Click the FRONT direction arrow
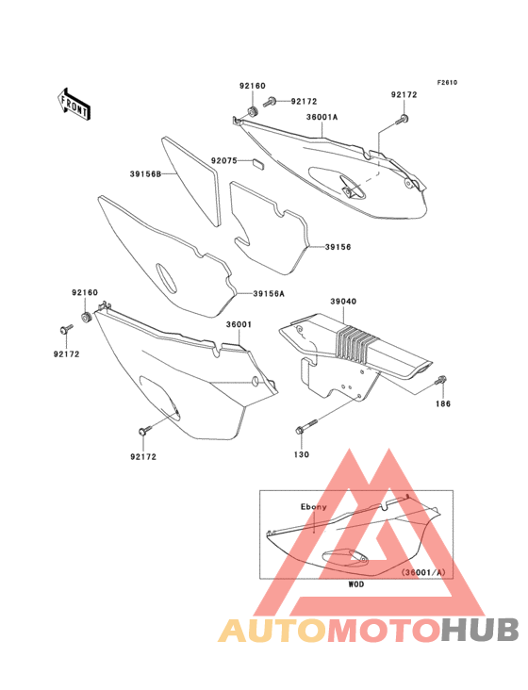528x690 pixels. tap(74, 104)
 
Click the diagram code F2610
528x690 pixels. tap(447, 82)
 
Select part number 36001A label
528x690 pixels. tap(322, 117)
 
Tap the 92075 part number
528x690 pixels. tap(224, 160)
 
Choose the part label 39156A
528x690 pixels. tap(269, 293)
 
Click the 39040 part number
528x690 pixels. tap(343, 302)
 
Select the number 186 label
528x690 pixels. tap(443, 403)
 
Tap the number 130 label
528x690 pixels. tap(302, 454)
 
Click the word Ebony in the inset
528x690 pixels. tap(314, 507)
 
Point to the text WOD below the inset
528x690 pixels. tap(356, 584)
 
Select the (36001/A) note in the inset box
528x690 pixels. tap(423, 572)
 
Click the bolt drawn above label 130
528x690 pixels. tap(306, 426)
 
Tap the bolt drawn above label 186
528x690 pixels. tap(441, 380)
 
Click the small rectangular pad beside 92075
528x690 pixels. tap(257, 164)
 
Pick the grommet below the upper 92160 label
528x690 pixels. tap(252, 112)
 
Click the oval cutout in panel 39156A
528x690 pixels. tap(167, 278)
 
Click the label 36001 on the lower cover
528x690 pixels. tap(239, 324)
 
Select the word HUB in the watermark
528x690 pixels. tap(481, 630)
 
